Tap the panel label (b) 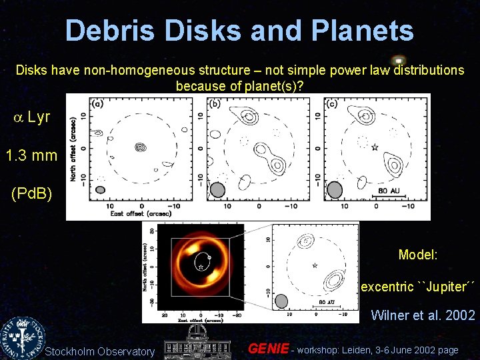[x=215, y=104]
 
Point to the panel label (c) [x=331, y=104]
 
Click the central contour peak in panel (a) [x=140, y=147]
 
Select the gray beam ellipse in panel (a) [x=100, y=190]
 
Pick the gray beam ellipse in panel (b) [x=217, y=191]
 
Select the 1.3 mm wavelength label [x=31, y=156]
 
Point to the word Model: [x=418, y=255]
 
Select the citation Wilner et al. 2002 [x=423, y=315]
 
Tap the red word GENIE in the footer [x=268, y=349]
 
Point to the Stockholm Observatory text [x=99, y=351]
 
